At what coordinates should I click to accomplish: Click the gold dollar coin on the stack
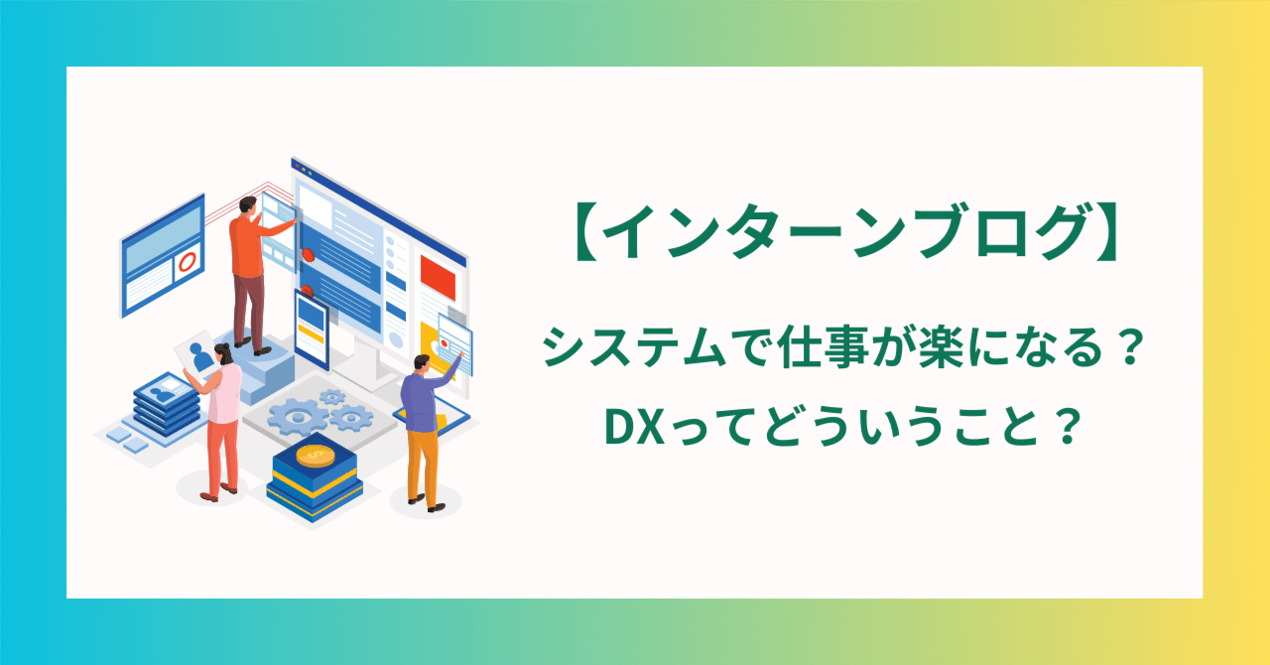[x=317, y=455]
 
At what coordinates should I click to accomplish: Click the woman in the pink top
[x=223, y=417]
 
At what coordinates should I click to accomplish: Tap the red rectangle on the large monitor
[x=437, y=277]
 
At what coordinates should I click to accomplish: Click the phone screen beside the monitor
[x=311, y=319]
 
